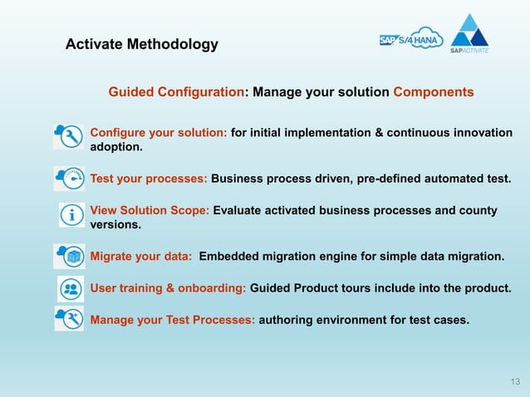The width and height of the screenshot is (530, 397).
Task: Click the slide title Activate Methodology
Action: tap(142, 44)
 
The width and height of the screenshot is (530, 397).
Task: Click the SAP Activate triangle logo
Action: tap(469, 33)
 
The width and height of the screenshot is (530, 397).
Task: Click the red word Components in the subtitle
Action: tap(434, 91)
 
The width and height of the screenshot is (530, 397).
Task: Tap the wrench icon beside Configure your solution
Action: tap(69, 136)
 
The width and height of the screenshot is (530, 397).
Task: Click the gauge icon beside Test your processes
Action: tap(69, 178)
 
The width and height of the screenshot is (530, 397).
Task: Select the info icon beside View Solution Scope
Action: tap(72, 215)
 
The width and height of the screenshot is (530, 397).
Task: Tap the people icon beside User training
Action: tap(71, 288)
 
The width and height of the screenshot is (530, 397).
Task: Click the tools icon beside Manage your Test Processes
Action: tap(69, 318)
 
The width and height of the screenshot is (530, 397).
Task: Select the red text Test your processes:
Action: tap(149, 178)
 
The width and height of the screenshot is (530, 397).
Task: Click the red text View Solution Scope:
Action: tap(150, 210)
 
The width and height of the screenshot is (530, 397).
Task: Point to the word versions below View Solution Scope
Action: tap(115, 224)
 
